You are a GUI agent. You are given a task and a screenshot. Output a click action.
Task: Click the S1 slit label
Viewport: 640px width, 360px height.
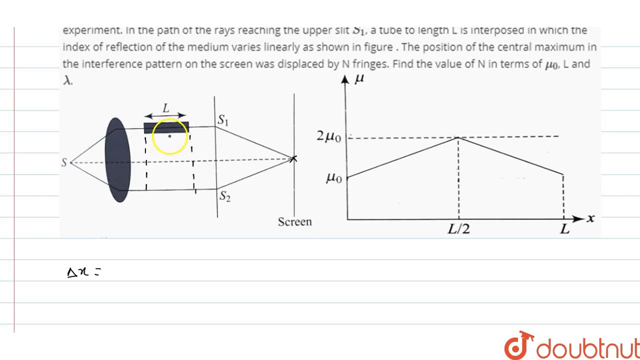coord(223,120)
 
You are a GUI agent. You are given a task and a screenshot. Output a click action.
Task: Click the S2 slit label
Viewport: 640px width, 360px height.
coord(225,196)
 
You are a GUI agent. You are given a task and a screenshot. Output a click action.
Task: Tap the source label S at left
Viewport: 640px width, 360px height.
coord(64,162)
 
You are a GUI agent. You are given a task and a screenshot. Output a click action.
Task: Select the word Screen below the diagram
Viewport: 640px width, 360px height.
coord(294,221)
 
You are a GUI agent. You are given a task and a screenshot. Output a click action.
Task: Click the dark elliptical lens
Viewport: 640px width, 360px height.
coord(118,160)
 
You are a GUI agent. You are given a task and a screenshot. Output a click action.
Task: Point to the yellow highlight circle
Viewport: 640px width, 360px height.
coord(170,136)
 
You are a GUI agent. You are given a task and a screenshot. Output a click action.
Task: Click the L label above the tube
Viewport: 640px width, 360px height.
coord(166,108)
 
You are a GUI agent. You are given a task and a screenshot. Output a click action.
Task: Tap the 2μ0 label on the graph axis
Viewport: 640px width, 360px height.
coord(329,136)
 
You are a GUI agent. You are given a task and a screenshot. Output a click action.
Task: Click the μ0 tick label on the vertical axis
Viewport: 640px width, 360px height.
coord(333,177)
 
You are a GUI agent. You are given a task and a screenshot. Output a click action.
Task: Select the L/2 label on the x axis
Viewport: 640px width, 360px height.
coord(458,229)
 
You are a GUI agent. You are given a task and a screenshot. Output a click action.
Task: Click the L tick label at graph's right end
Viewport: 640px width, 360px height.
coord(564,229)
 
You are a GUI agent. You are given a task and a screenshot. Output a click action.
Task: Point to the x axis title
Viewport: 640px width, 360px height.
coord(591,218)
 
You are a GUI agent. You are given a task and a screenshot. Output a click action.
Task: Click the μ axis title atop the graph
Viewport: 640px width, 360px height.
coord(359,78)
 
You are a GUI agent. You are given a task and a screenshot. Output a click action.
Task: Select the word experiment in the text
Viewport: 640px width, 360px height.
coord(92,30)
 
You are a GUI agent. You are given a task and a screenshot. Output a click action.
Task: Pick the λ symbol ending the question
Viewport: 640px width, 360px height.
coord(67,80)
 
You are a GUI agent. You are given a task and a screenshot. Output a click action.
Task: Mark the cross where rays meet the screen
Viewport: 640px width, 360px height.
coord(293,159)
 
